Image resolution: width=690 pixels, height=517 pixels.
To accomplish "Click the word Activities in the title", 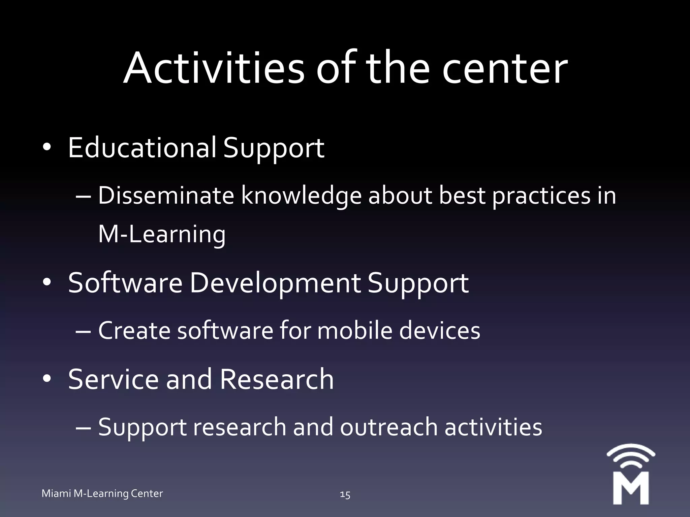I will click(x=214, y=69).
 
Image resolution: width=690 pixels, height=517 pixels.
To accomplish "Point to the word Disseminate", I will click(x=166, y=196).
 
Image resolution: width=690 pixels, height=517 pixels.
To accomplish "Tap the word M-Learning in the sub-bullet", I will click(x=162, y=235).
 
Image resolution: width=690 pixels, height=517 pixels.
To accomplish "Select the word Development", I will click(x=275, y=283).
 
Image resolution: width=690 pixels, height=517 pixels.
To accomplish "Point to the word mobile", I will click(x=355, y=331).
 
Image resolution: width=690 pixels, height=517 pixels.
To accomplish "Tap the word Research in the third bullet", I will click(x=277, y=379).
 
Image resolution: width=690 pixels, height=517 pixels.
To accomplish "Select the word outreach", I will click(x=388, y=427).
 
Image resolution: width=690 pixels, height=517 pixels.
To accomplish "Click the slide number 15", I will click(x=345, y=494).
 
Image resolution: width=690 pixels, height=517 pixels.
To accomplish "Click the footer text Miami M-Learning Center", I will click(x=102, y=493).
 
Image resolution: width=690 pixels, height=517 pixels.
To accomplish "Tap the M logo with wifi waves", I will click(x=631, y=475).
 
